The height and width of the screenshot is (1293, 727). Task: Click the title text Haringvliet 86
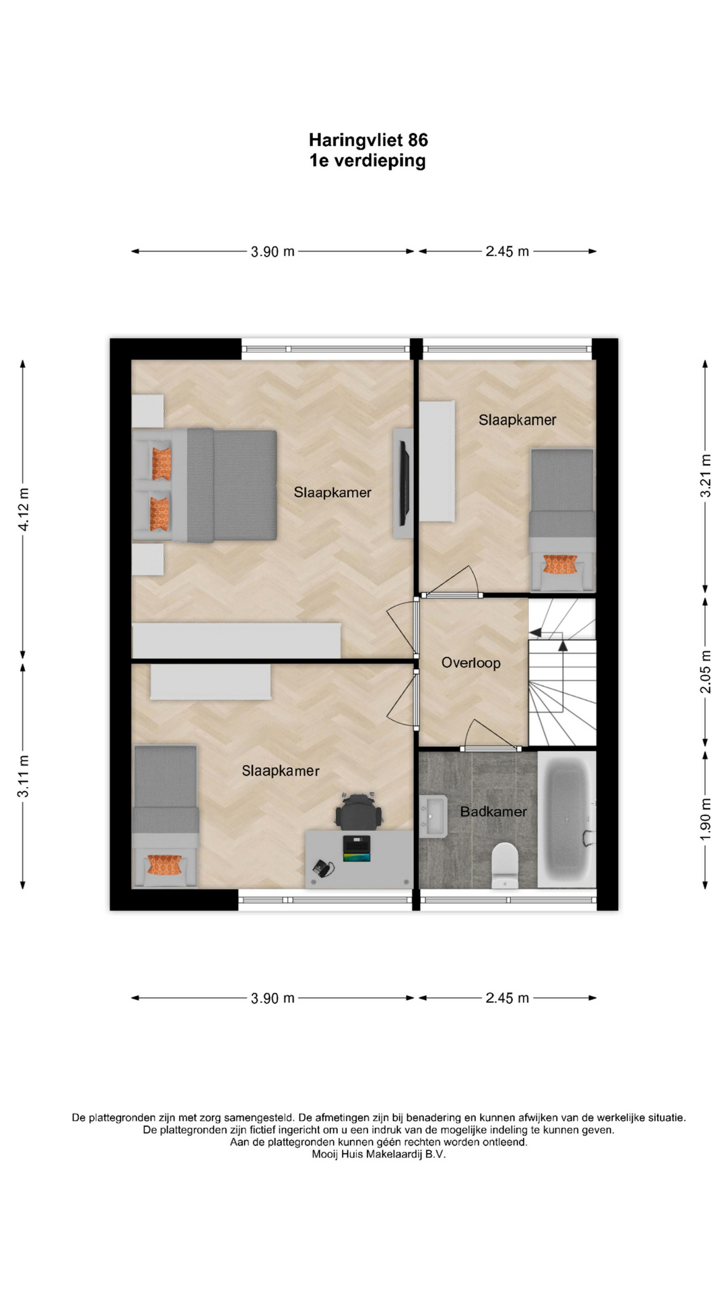(x=368, y=140)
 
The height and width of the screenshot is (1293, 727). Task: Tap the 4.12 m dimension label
(x=24, y=509)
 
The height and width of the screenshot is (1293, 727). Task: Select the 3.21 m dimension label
(x=705, y=475)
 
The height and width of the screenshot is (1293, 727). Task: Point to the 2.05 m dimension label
(x=705, y=671)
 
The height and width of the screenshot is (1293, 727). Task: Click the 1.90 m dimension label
(x=705, y=819)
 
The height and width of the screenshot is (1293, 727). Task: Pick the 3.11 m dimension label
(x=24, y=776)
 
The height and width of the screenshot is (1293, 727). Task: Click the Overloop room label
(x=471, y=663)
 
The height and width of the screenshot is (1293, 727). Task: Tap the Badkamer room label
(x=493, y=812)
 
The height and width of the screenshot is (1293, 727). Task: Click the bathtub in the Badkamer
(x=567, y=819)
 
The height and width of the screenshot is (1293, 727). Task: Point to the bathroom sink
(x=434, y=816)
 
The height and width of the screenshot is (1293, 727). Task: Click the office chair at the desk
(x=359, y=811)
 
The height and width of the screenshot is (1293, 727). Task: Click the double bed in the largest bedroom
(x=205, y=485)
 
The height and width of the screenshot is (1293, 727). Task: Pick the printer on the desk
(x=357, y=849)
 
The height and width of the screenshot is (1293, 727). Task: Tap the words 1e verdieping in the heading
(x=368, y=161)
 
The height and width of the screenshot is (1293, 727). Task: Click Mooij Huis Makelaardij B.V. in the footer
(x=378, y=1154)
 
